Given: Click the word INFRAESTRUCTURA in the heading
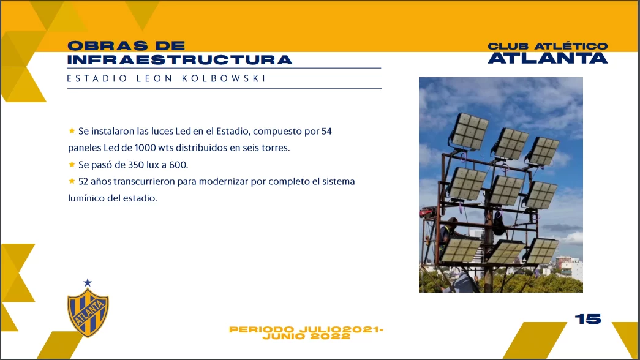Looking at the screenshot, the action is coord(179,60).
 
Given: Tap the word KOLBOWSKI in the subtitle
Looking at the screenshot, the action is coord(224,78).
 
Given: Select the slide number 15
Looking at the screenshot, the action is coord(588,319).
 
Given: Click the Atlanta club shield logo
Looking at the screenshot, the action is coord(88,313).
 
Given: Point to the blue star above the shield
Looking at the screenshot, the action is coord(88,282).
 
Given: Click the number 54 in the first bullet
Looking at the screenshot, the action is coord(326,132).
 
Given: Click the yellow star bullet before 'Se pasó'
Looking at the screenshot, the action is coord(72,165).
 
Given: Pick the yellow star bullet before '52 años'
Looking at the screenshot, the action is coord(72,181).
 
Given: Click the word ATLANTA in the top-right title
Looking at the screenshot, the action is coord(548,58).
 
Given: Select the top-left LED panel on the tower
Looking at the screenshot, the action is coord(469,132).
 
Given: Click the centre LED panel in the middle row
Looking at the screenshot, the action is coord(506,190).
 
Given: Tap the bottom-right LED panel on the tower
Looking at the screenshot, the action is coord(541,250).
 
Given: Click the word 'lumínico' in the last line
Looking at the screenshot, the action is coord(85,198).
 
